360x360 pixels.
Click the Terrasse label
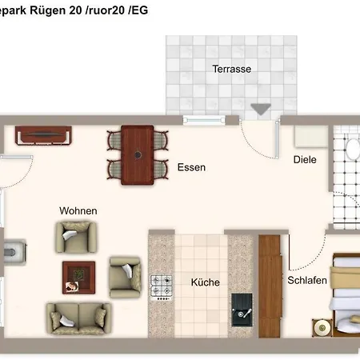tap(231, 69)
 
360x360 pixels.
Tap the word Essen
tap(191, 167)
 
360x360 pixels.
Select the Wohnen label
tap(78, 211)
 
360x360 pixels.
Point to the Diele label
tap(305, 160)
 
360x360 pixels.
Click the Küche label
tap(206, 282)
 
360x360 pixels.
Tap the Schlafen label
tap(307, 280)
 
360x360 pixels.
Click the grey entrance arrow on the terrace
tap(261, 110)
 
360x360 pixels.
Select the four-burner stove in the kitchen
tap(162, 288)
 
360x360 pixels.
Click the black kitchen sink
tap(242, 310)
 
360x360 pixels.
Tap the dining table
tap(138, 155)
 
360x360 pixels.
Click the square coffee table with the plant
tap(78, 278)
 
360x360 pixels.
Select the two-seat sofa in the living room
tap(78, 318)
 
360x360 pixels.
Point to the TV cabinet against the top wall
tap(43, 135)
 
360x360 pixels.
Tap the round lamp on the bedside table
tap(322, 328)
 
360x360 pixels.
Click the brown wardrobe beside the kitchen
tap(270, 286)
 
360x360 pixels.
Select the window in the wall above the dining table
tap(204, 120)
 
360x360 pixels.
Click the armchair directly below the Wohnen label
tap(76, 237)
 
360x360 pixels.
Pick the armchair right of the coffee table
tap(126, 277)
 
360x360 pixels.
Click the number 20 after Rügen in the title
tap(75, 10)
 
